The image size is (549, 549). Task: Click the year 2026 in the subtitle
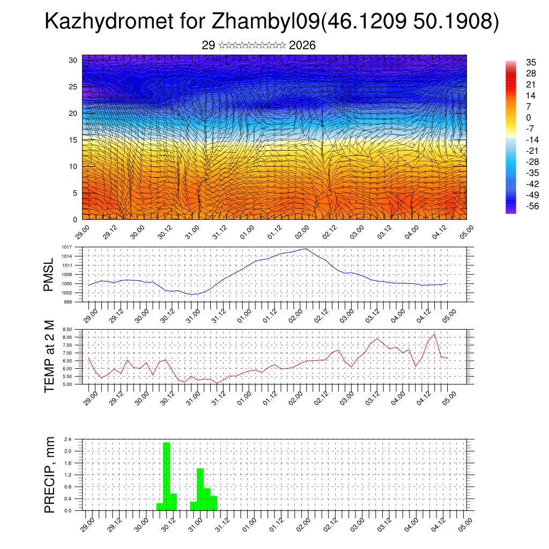click(302, 46)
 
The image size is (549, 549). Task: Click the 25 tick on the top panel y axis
click(73, 87)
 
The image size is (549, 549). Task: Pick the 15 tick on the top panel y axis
click(73, 140)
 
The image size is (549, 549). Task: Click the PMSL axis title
click(49, 274)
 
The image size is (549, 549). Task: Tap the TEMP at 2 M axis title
click(49, 357)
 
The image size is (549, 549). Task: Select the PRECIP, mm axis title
click(49, 474)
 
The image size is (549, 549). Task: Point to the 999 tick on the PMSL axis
click(68, 302)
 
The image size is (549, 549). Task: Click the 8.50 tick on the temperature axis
click(67, 329)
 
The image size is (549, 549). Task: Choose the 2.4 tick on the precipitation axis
click(68, 439)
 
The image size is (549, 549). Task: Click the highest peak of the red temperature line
click(434, 335)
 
